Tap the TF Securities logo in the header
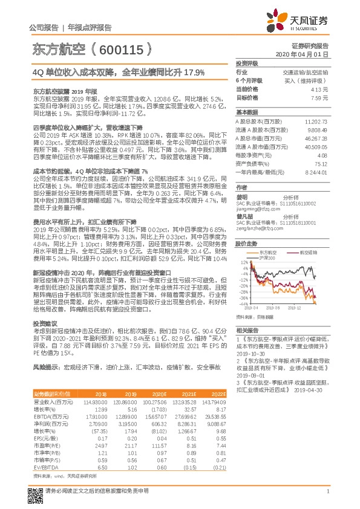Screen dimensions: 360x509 pos(301,21)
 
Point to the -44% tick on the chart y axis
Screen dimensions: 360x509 pos(243,303)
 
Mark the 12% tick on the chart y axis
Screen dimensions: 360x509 pos(244,262)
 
